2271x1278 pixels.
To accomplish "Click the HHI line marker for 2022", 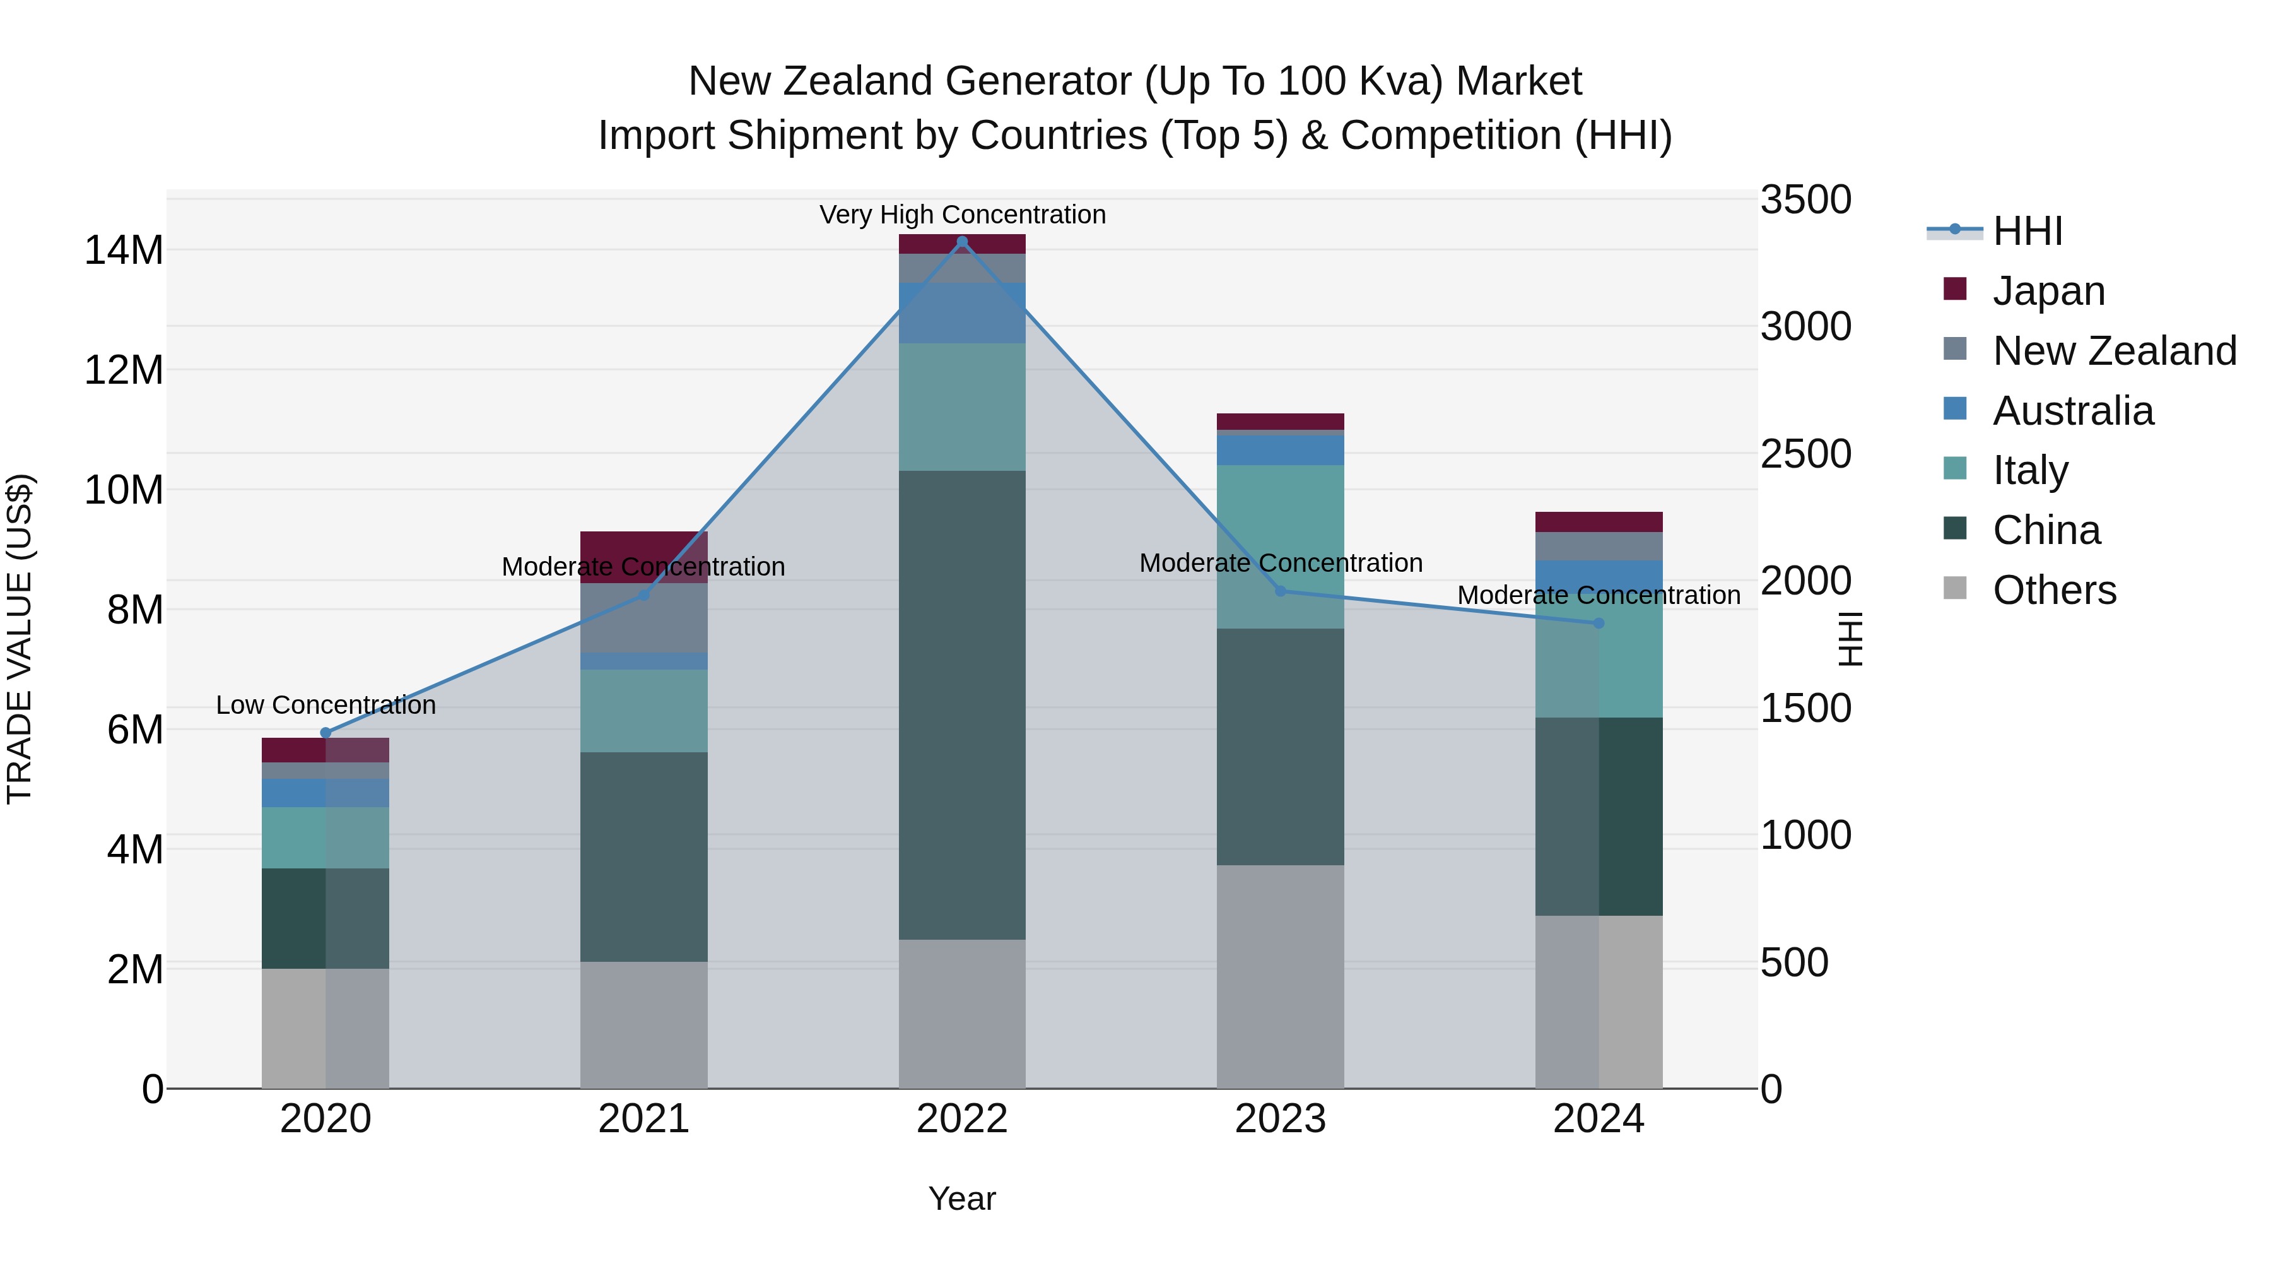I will (962, 242).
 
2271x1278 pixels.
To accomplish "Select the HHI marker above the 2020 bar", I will (326, 733).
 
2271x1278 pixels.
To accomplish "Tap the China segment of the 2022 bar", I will (962, 706).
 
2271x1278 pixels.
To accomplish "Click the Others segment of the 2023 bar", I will (1280, 976).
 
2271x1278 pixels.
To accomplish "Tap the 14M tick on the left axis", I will (124, 251).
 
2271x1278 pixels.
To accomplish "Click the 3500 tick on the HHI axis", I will (1805, 200).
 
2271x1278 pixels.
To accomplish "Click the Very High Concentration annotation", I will (962, 215).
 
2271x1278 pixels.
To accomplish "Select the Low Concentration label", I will (326, 706).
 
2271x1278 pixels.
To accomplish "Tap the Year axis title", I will (962, 1198).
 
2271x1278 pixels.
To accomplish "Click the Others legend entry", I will (2054, 590).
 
